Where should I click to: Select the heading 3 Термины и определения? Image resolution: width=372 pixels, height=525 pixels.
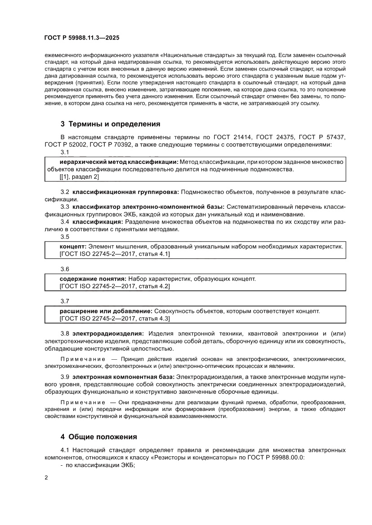110,124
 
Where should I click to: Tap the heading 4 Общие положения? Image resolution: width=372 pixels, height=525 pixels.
99,437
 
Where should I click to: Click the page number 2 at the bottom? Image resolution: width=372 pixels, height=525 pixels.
47,477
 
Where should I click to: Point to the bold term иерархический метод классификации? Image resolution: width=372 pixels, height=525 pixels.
119,161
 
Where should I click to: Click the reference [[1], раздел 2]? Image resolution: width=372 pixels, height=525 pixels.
79,177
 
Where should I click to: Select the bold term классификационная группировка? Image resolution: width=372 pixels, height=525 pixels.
125,192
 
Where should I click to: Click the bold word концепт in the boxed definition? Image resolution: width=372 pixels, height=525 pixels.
73,247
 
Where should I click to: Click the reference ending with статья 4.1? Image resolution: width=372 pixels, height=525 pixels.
114,254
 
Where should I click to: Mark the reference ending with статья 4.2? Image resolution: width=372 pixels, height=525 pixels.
114,287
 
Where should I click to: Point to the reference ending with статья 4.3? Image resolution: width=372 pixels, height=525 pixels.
114,318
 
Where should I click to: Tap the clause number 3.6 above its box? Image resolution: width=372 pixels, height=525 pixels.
65,269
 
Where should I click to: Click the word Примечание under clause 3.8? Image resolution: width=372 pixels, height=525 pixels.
83,359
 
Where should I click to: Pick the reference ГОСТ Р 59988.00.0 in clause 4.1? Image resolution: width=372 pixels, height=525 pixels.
276,457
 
